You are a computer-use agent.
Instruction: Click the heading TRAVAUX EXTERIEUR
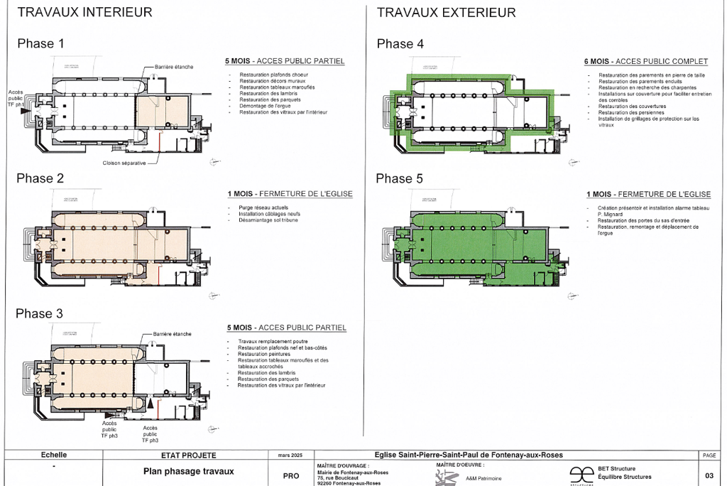coord(446,12)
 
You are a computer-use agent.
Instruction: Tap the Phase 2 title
coord(40,178)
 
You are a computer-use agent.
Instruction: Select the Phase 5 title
coord(400,178)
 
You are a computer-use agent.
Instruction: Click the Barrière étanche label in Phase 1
coord(173,67)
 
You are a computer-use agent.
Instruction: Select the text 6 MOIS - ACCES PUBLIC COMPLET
coord(643,61)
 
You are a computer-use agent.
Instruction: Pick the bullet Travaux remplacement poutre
coord(273,342)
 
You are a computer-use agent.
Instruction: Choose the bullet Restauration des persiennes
coord(631,112)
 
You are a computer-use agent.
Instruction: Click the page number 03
coord(709,475)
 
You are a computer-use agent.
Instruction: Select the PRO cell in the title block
coord(290,475)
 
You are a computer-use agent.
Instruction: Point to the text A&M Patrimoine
coord(483,478)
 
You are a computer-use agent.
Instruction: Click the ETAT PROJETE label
coord(179,455)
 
